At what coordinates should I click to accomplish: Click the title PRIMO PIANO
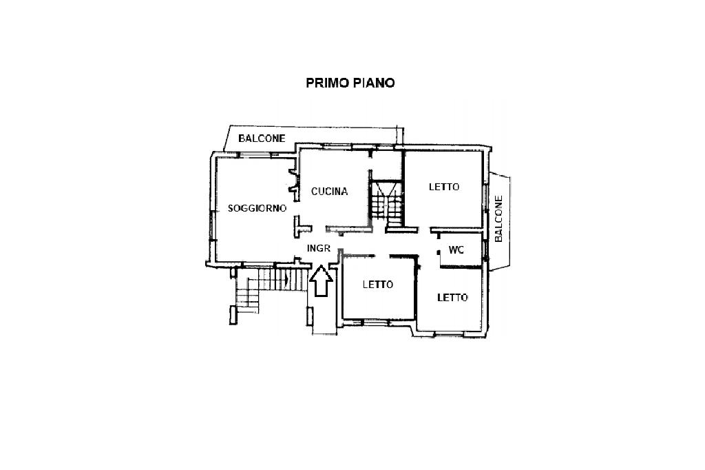350,83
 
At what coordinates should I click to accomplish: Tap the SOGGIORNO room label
257,208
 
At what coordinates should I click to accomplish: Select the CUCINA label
329,192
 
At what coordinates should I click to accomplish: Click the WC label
456,250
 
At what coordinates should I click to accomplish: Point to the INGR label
319,248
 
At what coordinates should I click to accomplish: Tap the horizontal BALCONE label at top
262,139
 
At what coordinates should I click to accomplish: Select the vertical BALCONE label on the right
498,218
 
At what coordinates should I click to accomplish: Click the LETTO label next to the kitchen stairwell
444,187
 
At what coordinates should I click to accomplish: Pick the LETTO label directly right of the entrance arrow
378,285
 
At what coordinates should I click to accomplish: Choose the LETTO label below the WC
453,298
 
